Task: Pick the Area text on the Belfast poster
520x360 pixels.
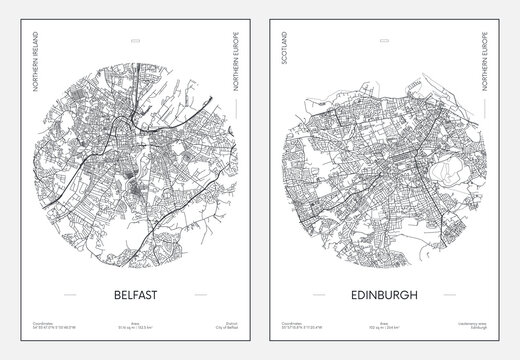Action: coord(130,327)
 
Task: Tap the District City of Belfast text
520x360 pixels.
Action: coord(211,327)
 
